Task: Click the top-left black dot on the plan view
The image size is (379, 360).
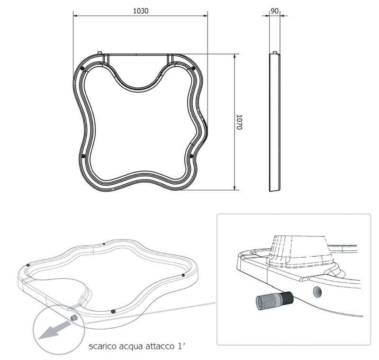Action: (83, 69)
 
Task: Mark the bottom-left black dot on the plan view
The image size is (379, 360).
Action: (83, 155)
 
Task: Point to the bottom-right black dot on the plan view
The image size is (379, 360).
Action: (191, 155)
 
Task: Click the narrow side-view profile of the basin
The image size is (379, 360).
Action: (274, 122)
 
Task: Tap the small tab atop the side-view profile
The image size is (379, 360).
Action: (275, 53)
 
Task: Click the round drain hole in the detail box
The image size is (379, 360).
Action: (318, 289)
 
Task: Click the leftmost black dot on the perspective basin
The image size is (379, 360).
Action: (29, 265)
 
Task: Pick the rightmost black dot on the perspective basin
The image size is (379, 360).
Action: (183, 275)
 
